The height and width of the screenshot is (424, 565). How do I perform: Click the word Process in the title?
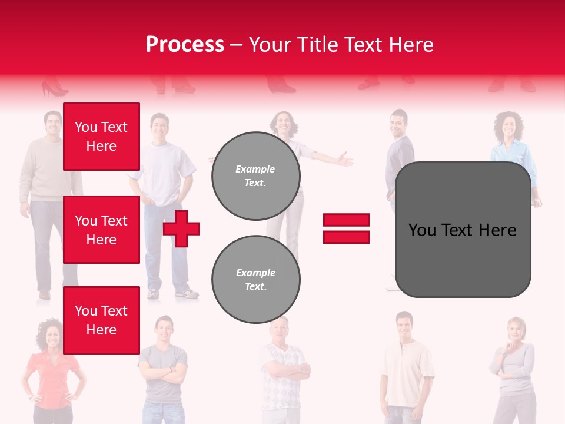coord(185,45)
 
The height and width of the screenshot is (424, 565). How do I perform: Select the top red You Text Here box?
coord(101,137)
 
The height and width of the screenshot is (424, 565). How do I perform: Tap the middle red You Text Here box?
coord(101,230)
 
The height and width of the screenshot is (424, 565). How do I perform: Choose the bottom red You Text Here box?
coord(101,320)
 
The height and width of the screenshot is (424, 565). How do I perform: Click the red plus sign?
coord(181,229)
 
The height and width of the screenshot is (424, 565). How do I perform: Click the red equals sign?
coord(346,228)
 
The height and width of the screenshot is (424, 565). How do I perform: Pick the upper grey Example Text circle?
coord(255,176)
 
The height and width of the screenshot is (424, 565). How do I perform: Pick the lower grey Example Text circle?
coord(255,280)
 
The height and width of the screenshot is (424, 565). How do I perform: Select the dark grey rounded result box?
coord(463,230)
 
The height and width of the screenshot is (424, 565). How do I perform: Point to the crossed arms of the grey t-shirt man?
coord(163,373)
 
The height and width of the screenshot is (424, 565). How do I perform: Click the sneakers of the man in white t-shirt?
coord(171,293)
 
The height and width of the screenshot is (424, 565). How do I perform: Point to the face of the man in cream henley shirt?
coord(404,326)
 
